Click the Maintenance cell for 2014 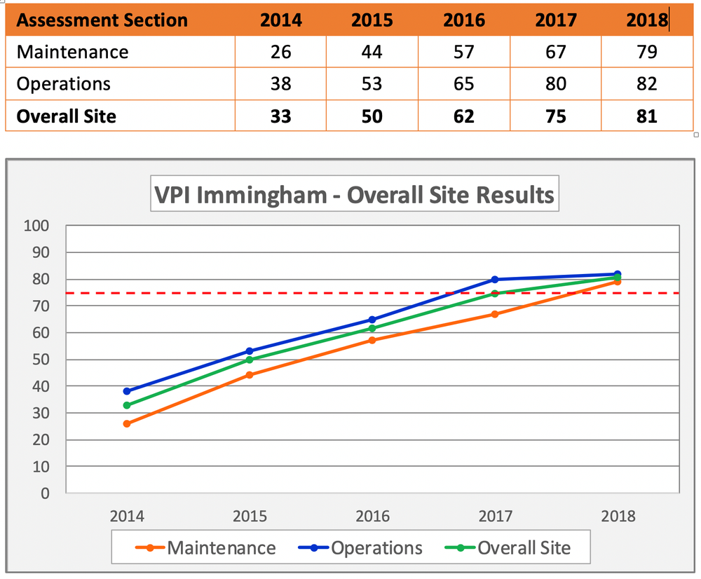point(280,52)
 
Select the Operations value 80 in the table point(555,84)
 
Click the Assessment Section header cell point(102,20)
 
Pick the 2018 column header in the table point(646,20)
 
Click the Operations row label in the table point(64,84)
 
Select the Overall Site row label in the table point(66,116)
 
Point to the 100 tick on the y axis point(39,226)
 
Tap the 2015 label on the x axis point(250,517)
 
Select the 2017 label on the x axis point(495,517)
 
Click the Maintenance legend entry point(221,547)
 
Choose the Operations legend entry point(376,547)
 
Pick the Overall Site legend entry point(524,547)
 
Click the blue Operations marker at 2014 point(127,391)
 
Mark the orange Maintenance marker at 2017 point(495,314)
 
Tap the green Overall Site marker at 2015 point(250,360)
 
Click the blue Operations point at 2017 point(495,280)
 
